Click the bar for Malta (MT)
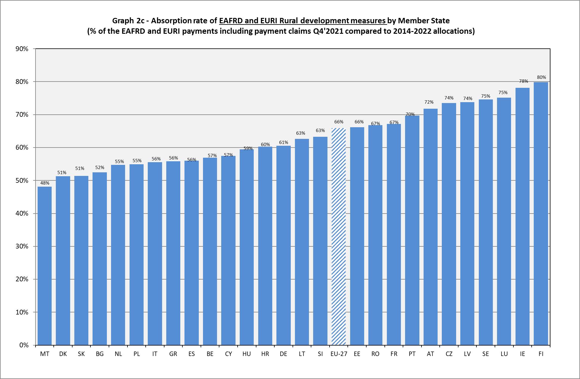pos(45,266)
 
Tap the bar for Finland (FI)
pos(541,214)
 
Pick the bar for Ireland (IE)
pos(522,217)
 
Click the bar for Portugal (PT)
pos(412,230)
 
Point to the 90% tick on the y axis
pos(22,49)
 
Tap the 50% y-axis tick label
pos(22,181)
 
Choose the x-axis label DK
pos(63,354)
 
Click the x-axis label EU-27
pos(339,354)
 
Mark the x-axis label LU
pos(504,354)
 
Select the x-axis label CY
pos(228,354)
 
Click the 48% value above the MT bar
pos(45,183)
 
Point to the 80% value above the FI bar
pos(541,77)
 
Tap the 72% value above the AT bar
pos(429,102)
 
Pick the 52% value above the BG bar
pos(100,168)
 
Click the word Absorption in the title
pos(171,21)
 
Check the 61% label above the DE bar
pos(284,142)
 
